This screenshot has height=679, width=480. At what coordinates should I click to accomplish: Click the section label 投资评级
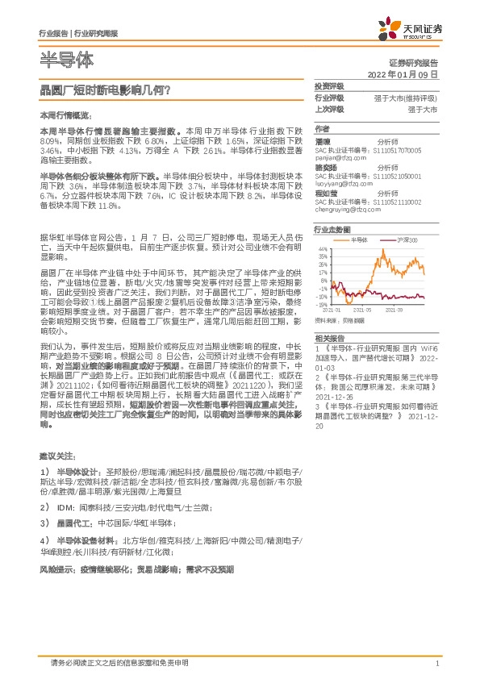coord(329,85)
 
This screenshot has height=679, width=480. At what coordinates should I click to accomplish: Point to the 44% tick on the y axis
coord(323,250)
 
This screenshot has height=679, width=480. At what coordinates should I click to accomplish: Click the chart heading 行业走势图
coord(331,229)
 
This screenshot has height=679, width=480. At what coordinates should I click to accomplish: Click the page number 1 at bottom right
coord(436,663)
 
